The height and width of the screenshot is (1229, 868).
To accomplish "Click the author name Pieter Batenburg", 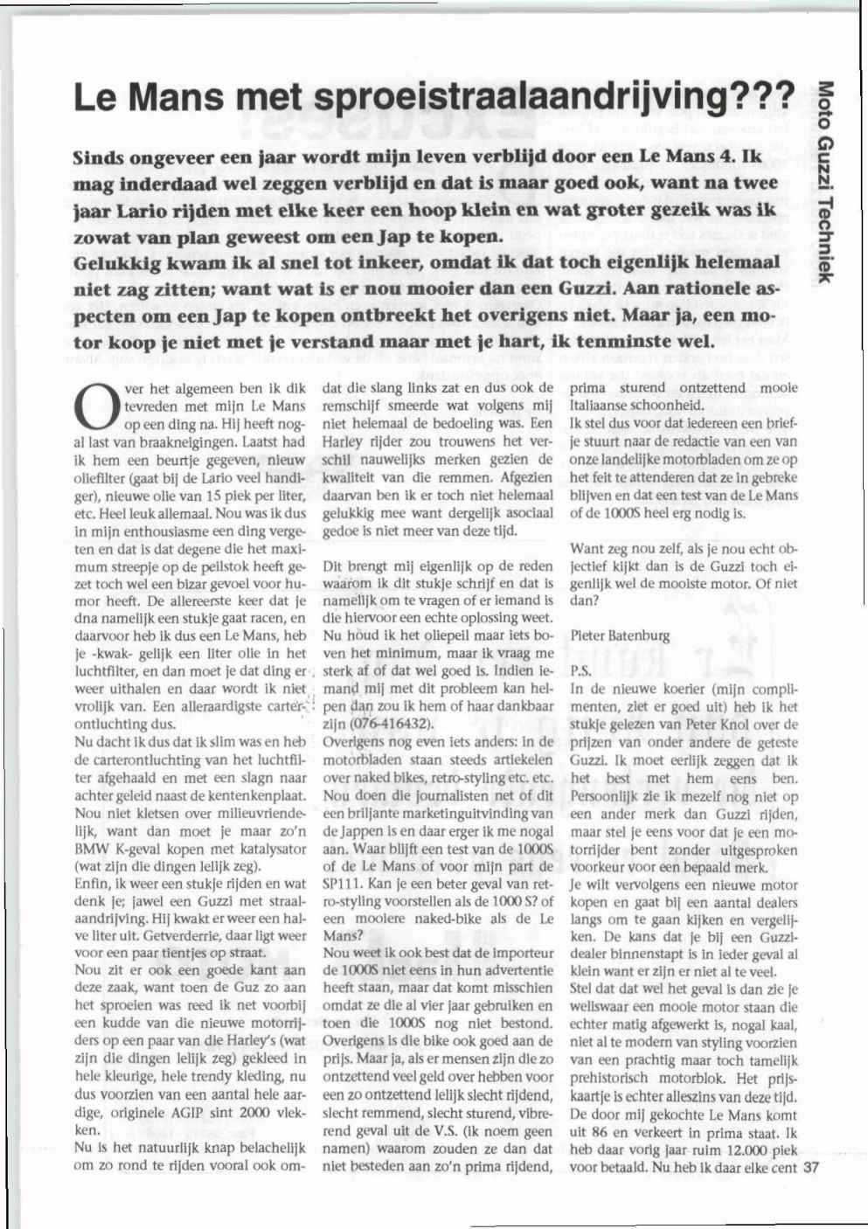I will pyautogui.click(x=621, y=635).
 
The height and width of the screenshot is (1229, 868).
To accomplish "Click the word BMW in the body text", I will pyautogui.click(x=92, y=848).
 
